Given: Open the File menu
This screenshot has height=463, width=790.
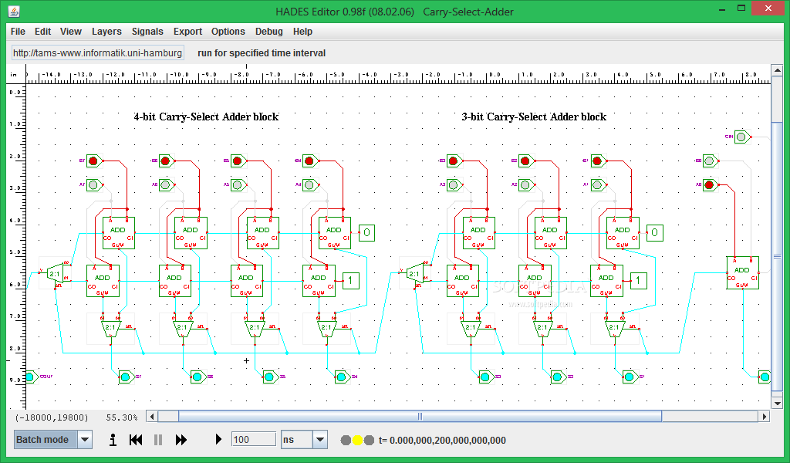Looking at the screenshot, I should pos(18,32).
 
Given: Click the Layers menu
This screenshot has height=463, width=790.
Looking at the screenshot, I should pos(106,32).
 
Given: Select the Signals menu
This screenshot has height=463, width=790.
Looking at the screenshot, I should pos(147,32).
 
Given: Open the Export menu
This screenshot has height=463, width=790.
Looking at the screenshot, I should pos(187,32).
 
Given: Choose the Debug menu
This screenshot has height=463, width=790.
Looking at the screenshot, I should pos(269,32).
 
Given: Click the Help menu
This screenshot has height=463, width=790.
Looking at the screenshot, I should pos(303,32).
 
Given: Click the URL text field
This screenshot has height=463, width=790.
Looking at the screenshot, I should pos(97,53).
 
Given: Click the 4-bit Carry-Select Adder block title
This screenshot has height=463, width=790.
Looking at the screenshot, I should pos(206,117).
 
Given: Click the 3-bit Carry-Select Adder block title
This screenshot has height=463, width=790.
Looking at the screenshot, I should pos(534,117).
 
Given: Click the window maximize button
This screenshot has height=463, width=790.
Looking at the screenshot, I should pos(740,8).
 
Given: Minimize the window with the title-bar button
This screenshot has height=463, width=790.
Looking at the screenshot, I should pos(719,8).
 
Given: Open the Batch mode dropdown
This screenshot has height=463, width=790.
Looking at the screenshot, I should pos(85,440).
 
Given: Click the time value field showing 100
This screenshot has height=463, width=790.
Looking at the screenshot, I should pos(253,440).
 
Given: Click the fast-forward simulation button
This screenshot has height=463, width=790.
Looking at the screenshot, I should pos(181,440).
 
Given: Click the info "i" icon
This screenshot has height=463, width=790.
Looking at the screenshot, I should pos(113,440).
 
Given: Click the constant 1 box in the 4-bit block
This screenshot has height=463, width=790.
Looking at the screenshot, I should pos(351,280).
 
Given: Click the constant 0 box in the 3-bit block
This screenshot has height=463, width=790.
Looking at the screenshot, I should pos(654,232).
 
